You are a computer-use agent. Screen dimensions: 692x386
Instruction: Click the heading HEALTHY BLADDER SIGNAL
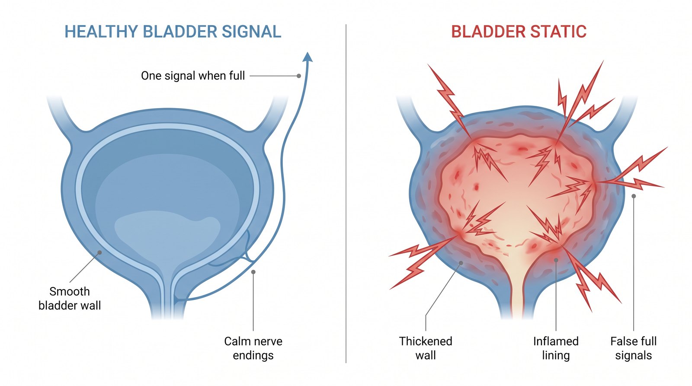173,32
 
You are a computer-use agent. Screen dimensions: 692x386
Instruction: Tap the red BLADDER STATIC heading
519,32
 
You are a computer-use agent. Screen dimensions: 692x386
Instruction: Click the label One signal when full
193,76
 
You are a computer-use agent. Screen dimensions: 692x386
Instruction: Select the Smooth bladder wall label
70,298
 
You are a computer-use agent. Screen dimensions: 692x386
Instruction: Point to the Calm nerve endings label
253,348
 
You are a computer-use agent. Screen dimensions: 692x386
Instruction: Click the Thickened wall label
426,348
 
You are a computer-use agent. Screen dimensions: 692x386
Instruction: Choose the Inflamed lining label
556,348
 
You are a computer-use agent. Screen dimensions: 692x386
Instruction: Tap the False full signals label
633,348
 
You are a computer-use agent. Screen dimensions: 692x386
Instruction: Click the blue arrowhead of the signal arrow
308,57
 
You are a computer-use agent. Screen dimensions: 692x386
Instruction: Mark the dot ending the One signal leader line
299,76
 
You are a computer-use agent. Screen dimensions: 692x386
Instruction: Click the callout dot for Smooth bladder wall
100,252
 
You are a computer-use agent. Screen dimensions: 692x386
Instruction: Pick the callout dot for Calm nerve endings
253,272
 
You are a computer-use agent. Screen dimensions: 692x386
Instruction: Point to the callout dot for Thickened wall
461,263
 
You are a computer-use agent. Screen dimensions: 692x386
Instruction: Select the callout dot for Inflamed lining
556,260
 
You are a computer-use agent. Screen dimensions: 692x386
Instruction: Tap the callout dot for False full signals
634,196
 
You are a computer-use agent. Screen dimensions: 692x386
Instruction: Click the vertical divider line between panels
346,194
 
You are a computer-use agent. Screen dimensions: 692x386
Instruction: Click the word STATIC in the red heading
555,32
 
